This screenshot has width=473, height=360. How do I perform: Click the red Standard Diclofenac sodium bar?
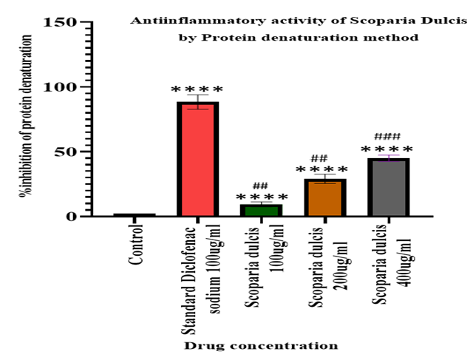point(197,159)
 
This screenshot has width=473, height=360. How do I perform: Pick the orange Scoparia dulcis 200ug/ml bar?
point(324,197)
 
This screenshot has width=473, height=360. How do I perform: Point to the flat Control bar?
point(134,215)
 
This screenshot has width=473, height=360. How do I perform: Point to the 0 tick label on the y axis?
point(72,217)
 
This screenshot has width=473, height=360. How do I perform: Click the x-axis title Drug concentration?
point(261,345)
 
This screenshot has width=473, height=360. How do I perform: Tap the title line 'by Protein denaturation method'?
point(299,37)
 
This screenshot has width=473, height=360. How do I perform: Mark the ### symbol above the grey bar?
point(387,137)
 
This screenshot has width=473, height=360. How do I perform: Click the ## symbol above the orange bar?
point(319,158)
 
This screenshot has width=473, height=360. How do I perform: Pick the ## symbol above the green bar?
point(260,186)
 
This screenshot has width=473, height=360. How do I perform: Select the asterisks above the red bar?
point(197,90)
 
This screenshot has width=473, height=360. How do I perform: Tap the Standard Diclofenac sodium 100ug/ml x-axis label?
point(197,270)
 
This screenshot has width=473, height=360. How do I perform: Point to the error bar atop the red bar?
point(197,101)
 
